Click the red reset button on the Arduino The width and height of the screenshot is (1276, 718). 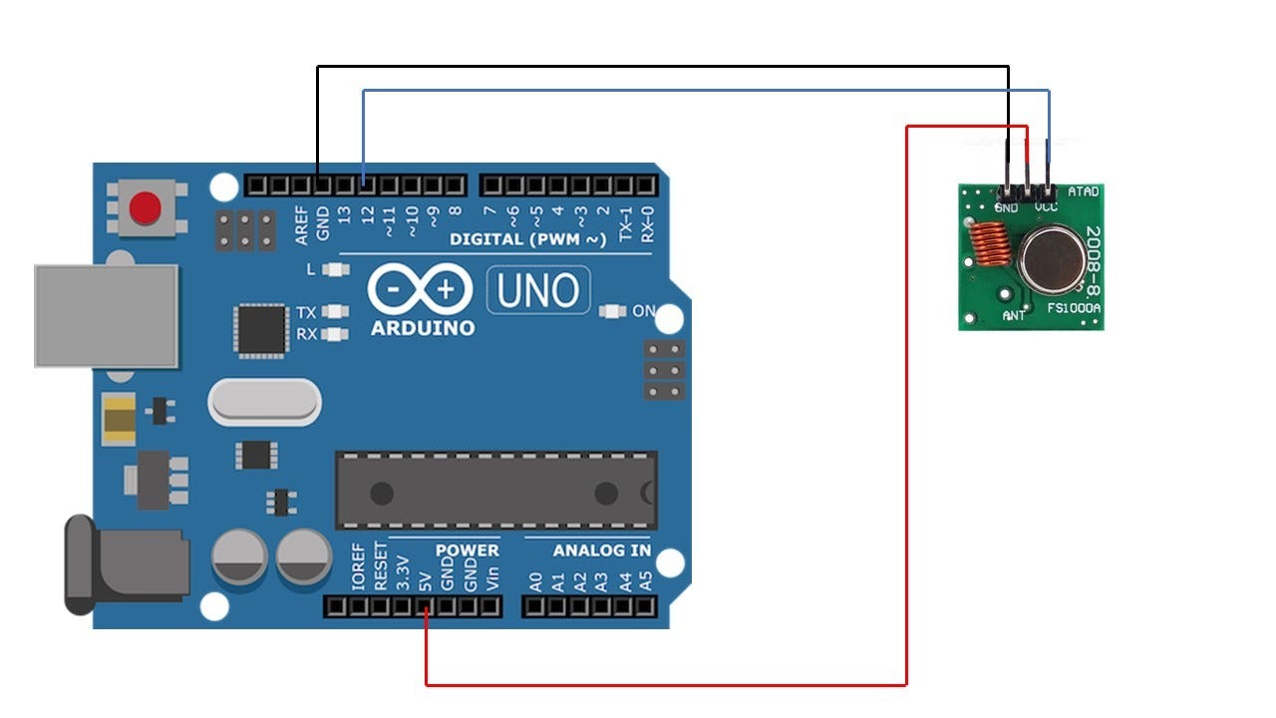[147, 208]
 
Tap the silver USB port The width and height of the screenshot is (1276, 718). [106, 315]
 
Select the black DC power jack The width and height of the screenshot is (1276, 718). [124, 564]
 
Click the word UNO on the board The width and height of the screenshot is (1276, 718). [537, 291]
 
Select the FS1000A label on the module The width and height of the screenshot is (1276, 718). [1074, 309]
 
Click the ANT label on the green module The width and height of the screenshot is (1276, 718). [1014, 316]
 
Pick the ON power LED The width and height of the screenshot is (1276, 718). [612, 312]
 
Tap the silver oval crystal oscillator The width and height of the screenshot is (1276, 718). [264, 403]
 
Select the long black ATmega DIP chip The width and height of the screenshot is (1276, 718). [495, 491]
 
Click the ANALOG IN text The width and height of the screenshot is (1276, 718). [602, 550]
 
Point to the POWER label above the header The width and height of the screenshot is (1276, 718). [467, 550]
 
